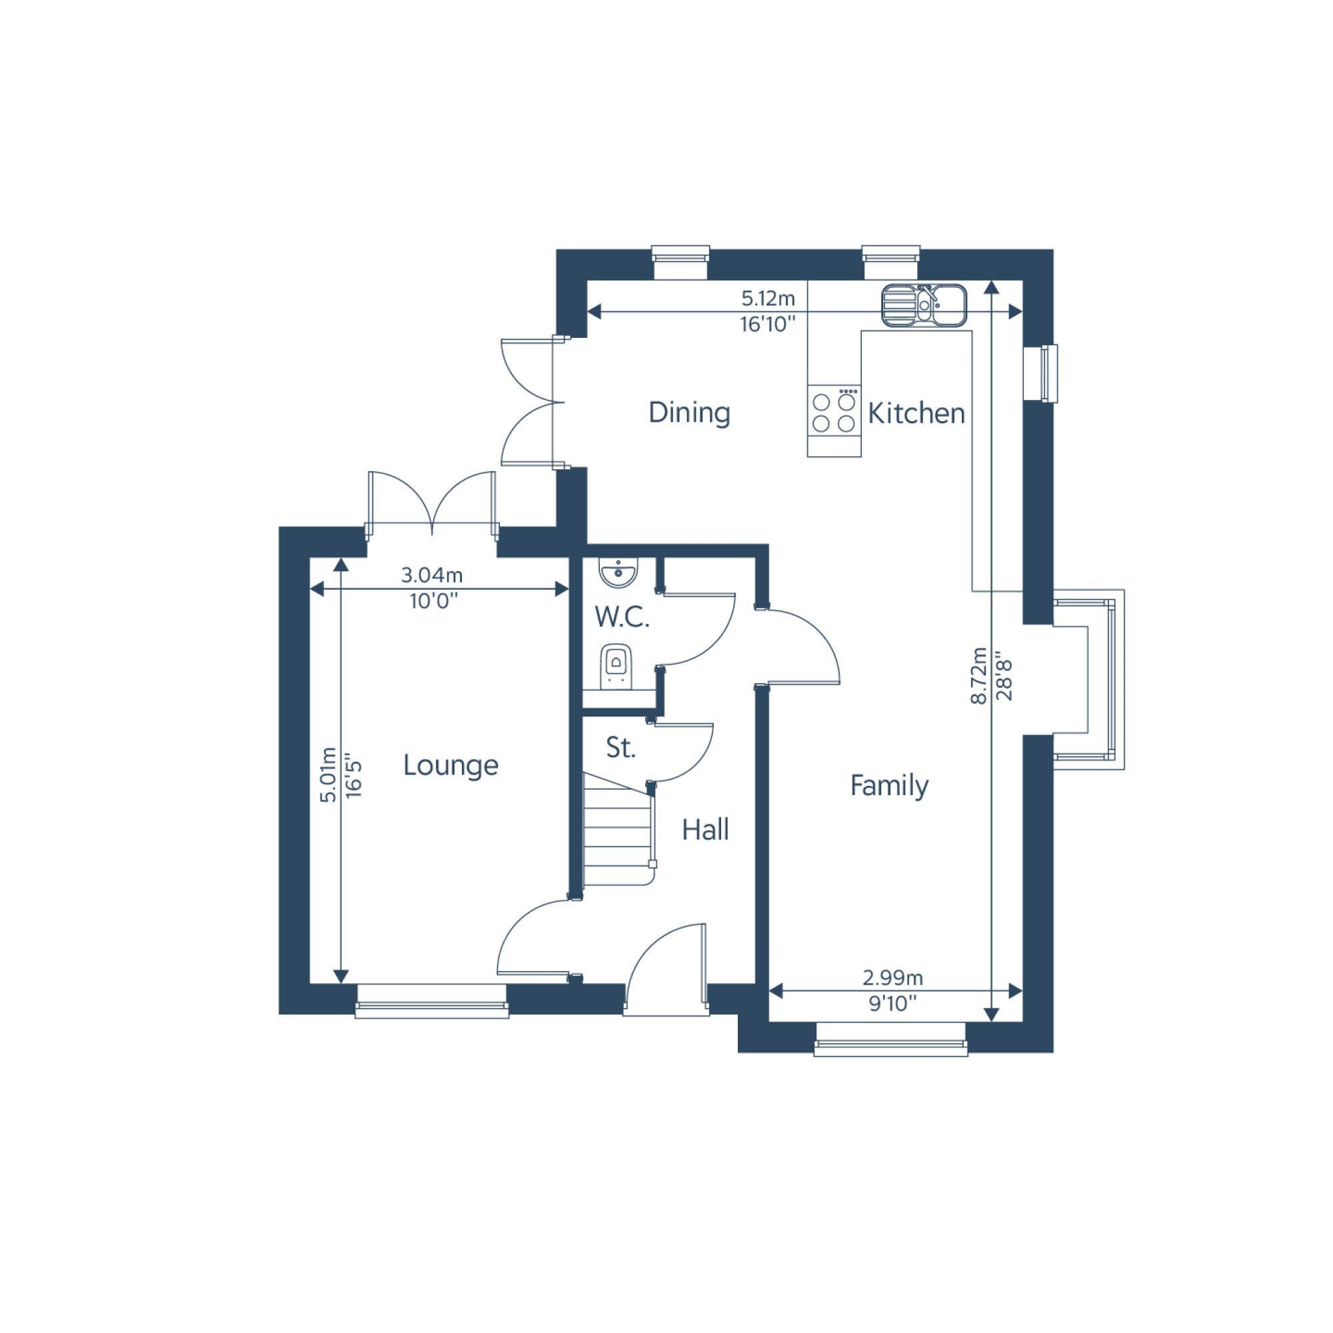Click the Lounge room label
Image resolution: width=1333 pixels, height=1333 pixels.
451,765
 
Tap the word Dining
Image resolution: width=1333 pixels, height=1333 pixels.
689,413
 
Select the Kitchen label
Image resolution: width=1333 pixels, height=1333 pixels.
916,413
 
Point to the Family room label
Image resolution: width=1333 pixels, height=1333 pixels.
889,785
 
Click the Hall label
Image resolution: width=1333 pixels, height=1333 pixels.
705,830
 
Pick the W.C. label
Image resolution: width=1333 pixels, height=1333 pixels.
623,618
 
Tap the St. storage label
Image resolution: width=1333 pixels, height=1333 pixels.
621,748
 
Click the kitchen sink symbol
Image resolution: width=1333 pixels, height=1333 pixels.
924,305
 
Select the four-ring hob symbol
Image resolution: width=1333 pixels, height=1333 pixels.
834,412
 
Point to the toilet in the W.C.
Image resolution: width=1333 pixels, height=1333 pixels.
616,666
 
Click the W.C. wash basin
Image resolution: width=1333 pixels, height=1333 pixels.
619,573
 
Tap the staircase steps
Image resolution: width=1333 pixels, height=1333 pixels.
619,828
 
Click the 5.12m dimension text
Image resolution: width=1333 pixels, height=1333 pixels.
768,299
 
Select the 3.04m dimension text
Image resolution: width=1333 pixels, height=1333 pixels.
432,575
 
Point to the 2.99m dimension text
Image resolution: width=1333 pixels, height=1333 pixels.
893,978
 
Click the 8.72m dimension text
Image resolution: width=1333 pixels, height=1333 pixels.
978,675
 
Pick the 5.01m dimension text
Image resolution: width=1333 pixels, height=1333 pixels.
329,775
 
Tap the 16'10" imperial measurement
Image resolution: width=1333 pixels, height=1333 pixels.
768,325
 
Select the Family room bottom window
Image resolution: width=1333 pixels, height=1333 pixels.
890,1040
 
